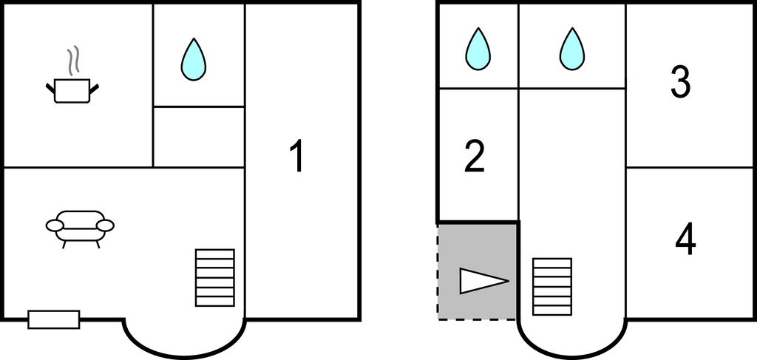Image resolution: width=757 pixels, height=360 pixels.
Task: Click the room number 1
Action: pos(296,157)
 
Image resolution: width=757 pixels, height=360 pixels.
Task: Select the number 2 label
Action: pos(475,157)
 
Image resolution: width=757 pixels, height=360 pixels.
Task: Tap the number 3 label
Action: pos(680,83)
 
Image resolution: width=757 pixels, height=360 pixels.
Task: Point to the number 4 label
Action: pos(686,240)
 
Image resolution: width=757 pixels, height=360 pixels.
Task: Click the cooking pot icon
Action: pos(72,90)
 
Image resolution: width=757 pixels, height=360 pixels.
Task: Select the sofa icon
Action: pos(80,226)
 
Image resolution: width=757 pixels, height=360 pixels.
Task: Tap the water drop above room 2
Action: pos(478,50)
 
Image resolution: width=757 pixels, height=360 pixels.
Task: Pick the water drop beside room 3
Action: pos(571,50)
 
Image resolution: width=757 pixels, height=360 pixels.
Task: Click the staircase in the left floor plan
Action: pos(214,277)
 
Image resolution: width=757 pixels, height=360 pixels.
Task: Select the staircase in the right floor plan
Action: pos(552,285)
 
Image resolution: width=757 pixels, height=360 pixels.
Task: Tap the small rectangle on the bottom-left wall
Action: pos(53,319)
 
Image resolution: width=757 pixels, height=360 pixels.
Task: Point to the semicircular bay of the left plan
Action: pos(184,336)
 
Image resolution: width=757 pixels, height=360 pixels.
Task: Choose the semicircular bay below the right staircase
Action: pos(572,336)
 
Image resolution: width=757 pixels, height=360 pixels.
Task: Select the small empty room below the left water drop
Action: pos(198,137)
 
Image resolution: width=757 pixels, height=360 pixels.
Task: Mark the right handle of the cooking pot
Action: pos(94,89)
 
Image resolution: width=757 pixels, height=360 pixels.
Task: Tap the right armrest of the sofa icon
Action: pos(106,225)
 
